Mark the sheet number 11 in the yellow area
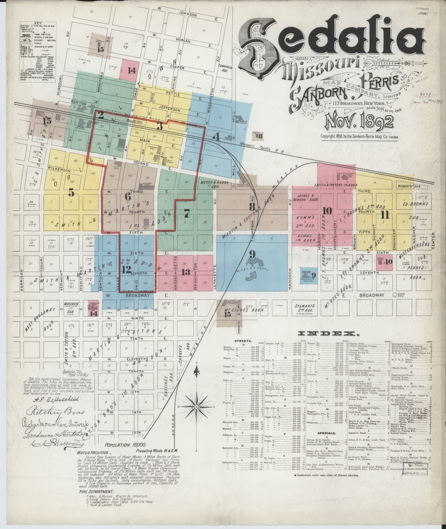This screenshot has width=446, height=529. (385, 215)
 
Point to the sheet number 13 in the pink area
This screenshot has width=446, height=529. (186, 272)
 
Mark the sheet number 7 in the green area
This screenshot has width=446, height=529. (187, 213)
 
